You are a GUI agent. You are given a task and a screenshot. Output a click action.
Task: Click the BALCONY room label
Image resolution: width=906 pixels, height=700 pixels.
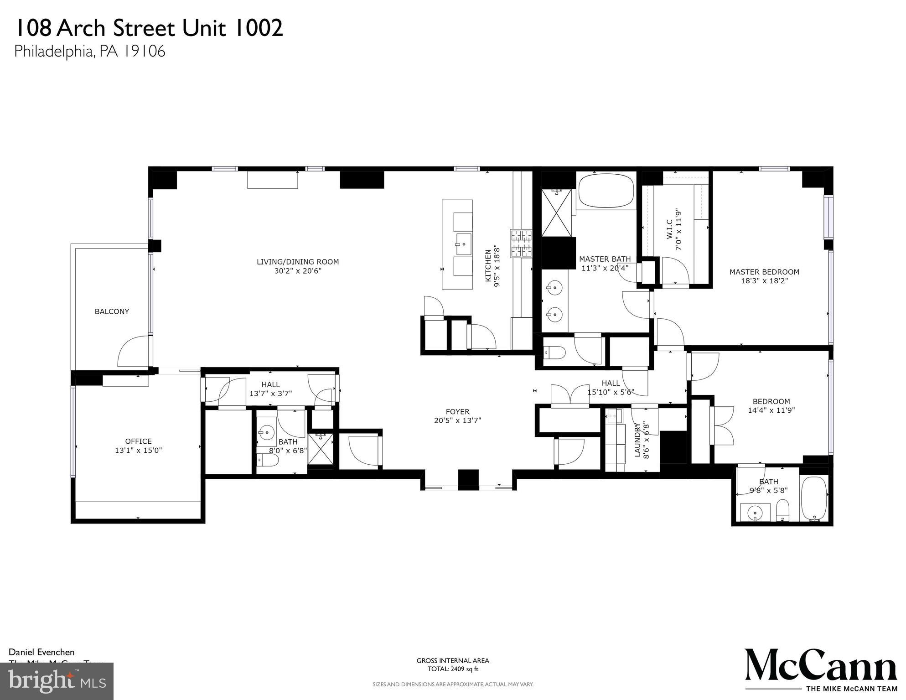click(x=112, y=311)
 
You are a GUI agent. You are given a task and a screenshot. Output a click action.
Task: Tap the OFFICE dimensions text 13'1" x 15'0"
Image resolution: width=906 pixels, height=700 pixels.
click(x=138, y=451)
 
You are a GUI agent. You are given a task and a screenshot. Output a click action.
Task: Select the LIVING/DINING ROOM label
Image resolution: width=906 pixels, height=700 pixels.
click(x=297, y=262)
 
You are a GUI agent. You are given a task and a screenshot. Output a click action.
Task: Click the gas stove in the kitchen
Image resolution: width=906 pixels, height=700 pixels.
click(x=521, y=243)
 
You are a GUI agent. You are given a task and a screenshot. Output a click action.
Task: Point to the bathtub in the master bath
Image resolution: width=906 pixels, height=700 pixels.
click(x=606, y=192)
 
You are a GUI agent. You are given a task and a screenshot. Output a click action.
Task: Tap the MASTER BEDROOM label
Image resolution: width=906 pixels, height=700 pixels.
click(x=764, y=272)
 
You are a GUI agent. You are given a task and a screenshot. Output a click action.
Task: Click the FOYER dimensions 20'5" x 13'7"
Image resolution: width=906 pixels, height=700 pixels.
click(x=457, y=420)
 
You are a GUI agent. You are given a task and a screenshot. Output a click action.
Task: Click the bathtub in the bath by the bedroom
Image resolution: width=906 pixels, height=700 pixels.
click(x=814, y=498)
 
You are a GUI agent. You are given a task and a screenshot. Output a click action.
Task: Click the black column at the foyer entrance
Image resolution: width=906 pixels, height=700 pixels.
click(x=468, y=480)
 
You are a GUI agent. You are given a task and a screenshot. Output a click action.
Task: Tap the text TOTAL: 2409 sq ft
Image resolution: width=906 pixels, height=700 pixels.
click(x=452, y=669)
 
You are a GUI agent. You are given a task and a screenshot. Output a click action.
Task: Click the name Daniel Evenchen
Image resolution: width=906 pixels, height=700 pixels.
click(x=41, y=653)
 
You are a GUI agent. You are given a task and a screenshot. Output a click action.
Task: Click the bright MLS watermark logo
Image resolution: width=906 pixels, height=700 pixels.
click(x=57, y=681)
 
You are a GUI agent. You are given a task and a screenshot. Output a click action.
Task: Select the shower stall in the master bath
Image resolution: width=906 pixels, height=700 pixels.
click(x=556, y=213)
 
